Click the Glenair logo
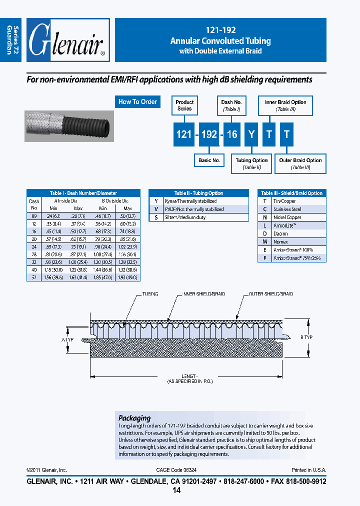coord(67,40)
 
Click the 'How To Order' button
coord(137,102)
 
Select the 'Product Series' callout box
coord(184,105)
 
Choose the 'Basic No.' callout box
coord(209,160)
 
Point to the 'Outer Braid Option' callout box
coord(300,163)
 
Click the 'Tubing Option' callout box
coord(251,163)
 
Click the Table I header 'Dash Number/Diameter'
coord(83,193)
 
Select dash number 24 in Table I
coord(34,246)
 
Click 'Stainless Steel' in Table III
coord(287,209)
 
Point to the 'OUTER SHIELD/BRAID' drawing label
coord(270,294)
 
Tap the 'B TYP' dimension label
coord(306,337)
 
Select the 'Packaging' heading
coord(134,417)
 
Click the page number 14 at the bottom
coord(176,490)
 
